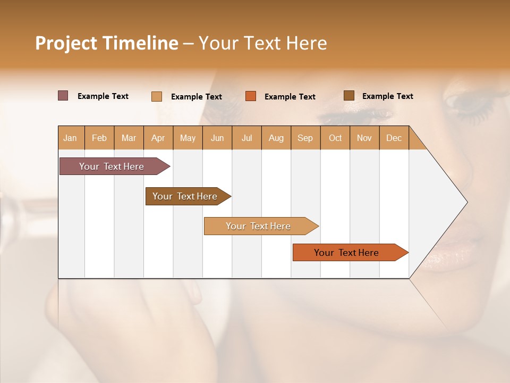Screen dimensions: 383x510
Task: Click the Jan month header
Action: (x=70, y=138)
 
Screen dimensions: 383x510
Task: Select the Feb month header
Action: (x=99, y=138)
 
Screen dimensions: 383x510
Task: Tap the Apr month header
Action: (x=158, y=138)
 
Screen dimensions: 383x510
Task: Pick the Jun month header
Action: (x=217, y=138)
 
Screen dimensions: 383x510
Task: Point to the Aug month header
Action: (x=276, y=138)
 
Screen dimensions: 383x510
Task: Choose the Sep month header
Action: (x=305, y=138)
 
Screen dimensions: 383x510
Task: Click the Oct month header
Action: (x=335, y=138)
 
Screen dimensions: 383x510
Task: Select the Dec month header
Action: (x=394, y=138)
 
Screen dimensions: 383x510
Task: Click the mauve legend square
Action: (x=63, y=96)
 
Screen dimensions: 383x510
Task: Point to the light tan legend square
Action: (x=157, y=96)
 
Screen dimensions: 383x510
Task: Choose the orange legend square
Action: (x=251, y=96)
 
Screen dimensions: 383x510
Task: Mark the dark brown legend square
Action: (x=348, y=96)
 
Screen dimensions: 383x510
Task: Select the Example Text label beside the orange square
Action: (x=290, y=97)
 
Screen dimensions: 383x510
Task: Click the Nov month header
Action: (x=364, y=138)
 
